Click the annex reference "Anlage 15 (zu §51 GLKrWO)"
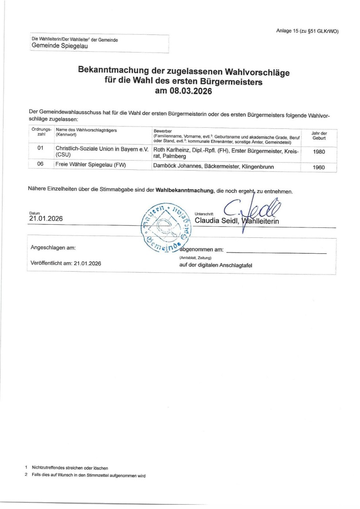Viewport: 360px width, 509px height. [307, 31]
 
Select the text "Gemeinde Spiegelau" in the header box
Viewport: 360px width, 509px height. [60, 46]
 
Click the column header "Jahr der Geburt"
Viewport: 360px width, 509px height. [319, 136]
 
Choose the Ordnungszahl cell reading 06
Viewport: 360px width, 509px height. [40, 164]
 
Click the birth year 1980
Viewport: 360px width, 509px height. [319, 152]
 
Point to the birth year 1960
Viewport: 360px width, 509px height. [319, 167]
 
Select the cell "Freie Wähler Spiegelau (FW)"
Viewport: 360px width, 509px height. [91, 164]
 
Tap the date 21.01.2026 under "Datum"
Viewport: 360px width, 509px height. [46, 218]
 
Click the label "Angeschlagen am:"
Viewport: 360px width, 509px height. [53, 248]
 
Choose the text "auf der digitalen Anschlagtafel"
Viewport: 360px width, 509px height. [215, 265]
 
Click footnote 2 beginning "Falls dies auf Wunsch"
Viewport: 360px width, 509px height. [88, 475]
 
